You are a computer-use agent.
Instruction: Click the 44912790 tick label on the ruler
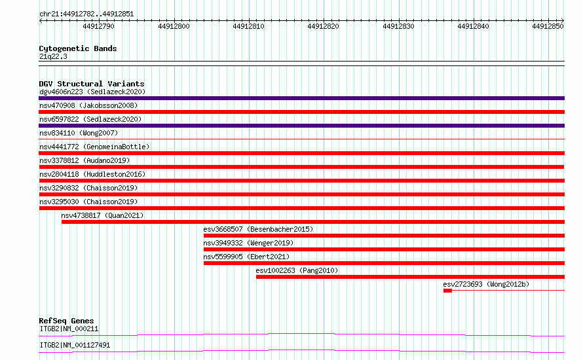(x=98, y=26)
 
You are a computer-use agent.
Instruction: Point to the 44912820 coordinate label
(x=323, y=26)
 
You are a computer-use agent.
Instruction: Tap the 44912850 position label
(x=548, y=26)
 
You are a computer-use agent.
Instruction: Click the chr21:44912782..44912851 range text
(x=86, y=14)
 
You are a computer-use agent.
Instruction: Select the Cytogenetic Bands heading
(x=78, y=48)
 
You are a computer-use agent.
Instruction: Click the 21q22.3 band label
(x=53, y=56)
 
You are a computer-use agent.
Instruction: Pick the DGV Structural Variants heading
(x=92, y=84)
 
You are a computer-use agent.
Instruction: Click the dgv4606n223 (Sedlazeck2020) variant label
(x=92, y=92)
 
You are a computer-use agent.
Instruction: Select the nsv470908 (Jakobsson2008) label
(x=88, y=105)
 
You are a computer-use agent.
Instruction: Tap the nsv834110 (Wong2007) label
(x=79, y=133)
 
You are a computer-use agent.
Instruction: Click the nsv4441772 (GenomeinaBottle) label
(x=94, y=147)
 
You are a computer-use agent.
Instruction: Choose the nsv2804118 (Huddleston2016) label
(x=92, y=174)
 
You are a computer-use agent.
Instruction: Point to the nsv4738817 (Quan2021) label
(x=102, y=215)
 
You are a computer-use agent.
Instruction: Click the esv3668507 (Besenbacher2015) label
(x=258, y=229)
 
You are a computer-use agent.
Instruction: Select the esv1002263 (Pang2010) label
(x=297, y=270)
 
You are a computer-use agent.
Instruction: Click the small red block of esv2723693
(x=447, y=291)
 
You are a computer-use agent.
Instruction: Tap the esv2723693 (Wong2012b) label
(x=486, y=284)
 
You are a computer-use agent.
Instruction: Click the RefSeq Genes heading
(x=66, y=321)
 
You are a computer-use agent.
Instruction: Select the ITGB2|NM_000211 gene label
(x=69, y=329)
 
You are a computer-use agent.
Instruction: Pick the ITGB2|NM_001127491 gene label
(x=75, y=345)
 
